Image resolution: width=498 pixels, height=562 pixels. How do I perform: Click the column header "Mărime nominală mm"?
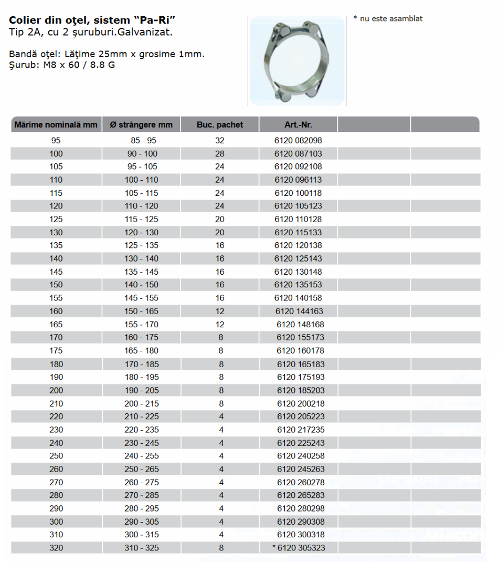pos(56,125)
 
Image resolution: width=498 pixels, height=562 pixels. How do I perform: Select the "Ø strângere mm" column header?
pos(141,125)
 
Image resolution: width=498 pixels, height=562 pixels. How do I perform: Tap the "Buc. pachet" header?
pos(220,125)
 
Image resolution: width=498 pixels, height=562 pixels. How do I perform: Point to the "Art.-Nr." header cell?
pos(298,125)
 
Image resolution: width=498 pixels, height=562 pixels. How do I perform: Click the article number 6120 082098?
pos(298,141)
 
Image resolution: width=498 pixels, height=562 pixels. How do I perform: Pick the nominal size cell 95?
pos(56,141)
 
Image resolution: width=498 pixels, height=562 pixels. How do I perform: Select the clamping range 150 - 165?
pos(141,311)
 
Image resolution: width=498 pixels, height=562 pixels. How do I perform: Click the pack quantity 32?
pos(220,141)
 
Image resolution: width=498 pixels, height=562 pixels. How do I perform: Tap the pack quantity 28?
pos(220,154)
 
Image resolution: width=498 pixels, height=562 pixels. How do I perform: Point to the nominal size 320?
pos(56,548)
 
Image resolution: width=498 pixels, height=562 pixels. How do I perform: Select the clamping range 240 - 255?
pos(141,456)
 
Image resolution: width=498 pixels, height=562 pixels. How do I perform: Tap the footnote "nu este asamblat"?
pos(390,19)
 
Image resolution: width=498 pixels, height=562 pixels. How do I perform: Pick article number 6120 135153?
pos(298,285)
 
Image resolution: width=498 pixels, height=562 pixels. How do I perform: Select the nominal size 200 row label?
pos(56,390)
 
